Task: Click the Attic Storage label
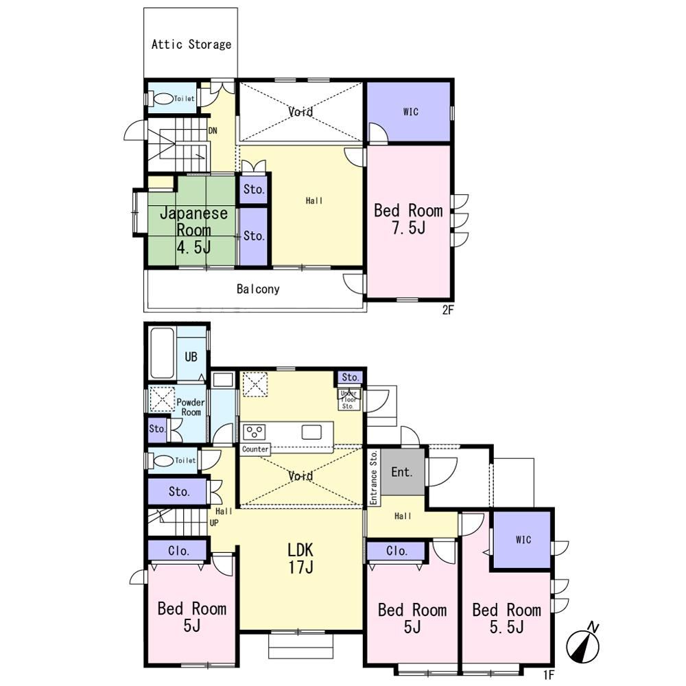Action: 191,44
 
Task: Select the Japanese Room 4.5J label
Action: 193,230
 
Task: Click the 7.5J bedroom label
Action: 408,219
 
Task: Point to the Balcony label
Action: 258,289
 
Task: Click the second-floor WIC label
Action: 410,112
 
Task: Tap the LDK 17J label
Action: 300,558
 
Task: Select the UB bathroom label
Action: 191,357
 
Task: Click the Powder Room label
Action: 190,407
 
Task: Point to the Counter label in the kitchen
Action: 255,449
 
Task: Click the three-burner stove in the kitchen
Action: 255,431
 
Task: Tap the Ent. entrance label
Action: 401,472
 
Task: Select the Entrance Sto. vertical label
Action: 374,477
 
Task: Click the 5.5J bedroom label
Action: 507,618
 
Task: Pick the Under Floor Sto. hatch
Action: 348,399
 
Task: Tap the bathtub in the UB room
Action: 163,353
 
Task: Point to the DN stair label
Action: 213,130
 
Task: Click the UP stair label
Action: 214,523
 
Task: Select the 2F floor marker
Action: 448,310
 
